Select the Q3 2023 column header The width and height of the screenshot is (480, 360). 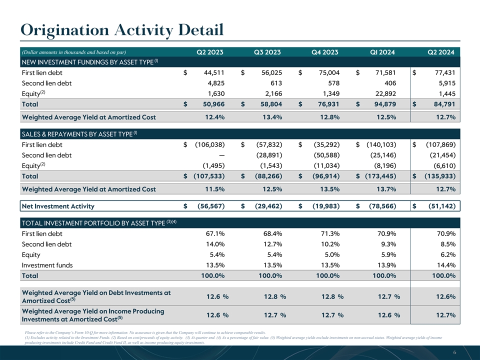(267, 52)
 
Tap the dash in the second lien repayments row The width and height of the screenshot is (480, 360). (220, 155)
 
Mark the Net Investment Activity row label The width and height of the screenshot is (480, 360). (58, 206)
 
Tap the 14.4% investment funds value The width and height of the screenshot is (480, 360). (445, 265)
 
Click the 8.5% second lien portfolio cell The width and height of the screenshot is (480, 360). (446, 244)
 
